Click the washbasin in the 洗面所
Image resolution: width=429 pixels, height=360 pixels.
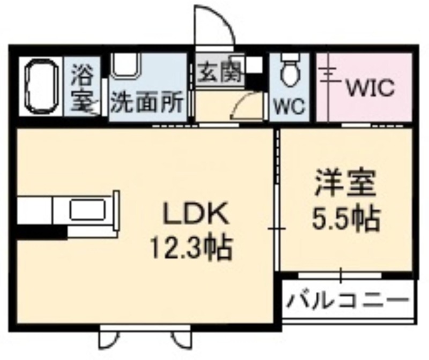pos(127,65)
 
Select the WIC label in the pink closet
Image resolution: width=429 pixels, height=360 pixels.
pos(371,87)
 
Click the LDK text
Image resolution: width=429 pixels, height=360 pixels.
pos(195,214)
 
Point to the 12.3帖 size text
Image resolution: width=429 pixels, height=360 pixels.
pos(191,248)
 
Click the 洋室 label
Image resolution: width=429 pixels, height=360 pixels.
pos(345,183)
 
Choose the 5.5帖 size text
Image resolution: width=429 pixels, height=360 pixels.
pos(346,219)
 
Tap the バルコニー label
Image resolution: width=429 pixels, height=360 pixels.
pos(348,300)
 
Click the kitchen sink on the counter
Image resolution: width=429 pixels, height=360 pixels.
pos(87,209)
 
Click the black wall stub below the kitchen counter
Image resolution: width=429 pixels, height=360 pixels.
pos(42,233)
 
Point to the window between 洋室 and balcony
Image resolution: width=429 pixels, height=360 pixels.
pos(340,275)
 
